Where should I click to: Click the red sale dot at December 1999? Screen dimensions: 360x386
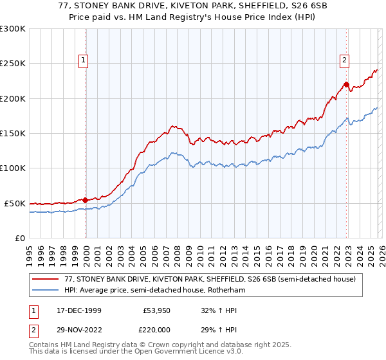pos(86,200)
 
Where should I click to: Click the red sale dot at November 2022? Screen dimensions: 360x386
pos(346,84)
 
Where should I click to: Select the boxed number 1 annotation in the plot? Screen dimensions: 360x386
pos(84,61)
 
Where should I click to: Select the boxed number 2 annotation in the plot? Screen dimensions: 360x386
pos(344,61)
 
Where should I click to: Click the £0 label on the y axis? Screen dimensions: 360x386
pos(19,238)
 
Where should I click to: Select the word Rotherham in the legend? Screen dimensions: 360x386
pos(228,291)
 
